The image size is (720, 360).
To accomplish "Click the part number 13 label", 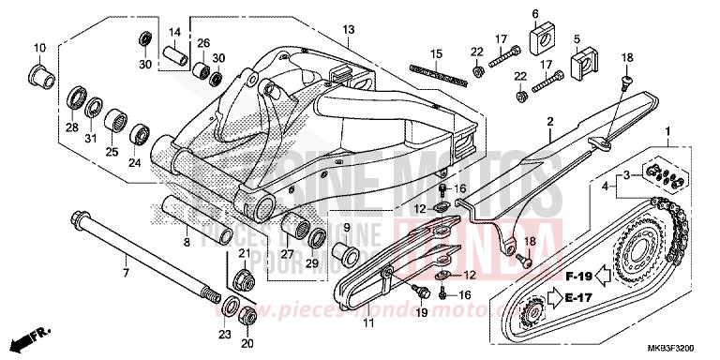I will (348, 30).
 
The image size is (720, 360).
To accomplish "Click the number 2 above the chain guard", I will (551, 121).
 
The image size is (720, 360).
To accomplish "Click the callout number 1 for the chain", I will (667, 130).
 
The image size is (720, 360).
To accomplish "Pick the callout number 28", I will (71, 127).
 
